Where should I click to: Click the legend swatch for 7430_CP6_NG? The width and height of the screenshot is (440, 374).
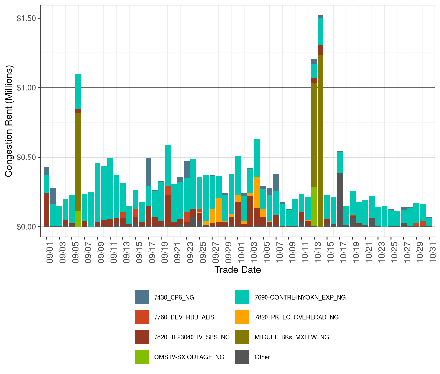pos(141,297)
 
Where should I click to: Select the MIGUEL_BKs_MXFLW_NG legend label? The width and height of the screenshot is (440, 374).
pos(292,337)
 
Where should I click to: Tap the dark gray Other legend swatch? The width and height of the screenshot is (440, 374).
pos(242,357)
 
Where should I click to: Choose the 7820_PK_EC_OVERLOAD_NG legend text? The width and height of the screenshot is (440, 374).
pos(296,317)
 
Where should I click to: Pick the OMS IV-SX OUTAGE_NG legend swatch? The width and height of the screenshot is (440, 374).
pos(141,357)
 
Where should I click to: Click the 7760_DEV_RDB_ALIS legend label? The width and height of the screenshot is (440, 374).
pos(184,317)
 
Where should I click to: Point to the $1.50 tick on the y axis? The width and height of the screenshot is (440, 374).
pos(26,18)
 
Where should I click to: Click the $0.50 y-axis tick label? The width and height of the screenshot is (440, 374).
pos(26,157)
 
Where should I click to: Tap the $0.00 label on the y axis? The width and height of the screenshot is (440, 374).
pos(26,227)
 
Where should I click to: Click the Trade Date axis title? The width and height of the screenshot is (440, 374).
pos(238,270)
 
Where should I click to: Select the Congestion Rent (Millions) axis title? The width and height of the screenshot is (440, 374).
pos(9,121)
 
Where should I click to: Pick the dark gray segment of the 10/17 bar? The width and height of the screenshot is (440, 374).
pos(340,200)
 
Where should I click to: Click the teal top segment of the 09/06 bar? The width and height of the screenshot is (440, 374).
pos(78,91)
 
